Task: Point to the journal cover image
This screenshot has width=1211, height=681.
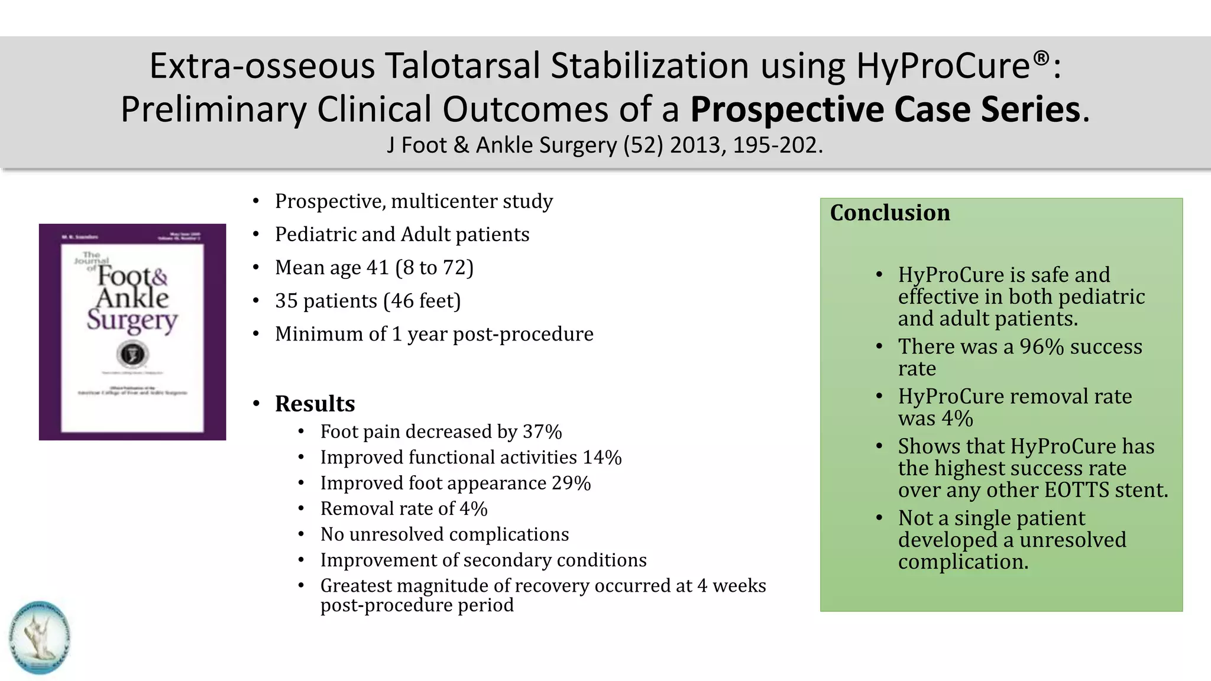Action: (132, 332)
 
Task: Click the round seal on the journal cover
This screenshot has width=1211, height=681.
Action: (132, 355)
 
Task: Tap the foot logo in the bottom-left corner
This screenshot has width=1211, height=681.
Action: (40, 637)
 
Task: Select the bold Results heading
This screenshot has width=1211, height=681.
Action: (315, 404)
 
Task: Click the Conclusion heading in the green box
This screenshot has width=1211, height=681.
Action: (890, 213)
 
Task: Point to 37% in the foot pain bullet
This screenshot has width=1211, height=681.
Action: (542, 432)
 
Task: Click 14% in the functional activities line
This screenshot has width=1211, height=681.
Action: (602, 458)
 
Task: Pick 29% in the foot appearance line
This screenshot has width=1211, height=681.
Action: (571, 483)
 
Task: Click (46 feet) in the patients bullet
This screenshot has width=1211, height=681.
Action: (422, 301)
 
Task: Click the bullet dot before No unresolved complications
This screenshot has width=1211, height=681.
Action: (302, 534)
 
